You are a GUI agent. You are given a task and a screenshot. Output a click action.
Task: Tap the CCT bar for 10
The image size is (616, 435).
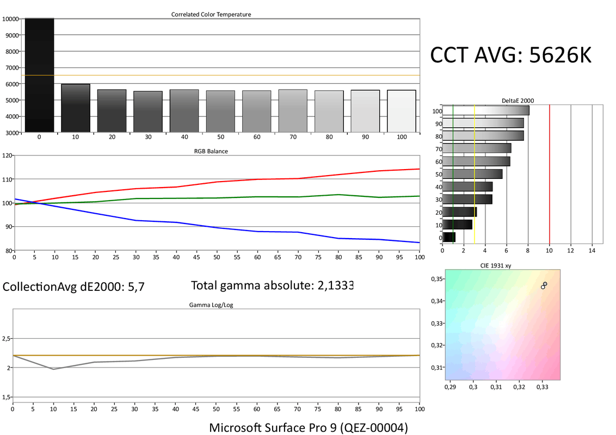[x=75, y=108]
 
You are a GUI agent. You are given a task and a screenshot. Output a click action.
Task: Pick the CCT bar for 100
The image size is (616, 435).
[x=402, y=111]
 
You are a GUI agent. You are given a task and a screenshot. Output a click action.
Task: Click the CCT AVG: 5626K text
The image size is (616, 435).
[x=510, y=55]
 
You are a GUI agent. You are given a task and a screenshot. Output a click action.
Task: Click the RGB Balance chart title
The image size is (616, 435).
[x=211, y=151]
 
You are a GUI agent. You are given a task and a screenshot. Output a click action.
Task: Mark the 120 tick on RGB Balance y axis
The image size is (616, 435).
[x=7, y=156]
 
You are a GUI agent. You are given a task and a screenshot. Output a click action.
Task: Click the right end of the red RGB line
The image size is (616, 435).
[x=419, y=169]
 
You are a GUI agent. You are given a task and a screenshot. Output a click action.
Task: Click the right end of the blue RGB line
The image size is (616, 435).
[x=419, y=243]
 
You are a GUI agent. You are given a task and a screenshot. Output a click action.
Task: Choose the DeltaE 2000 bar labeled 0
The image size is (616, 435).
[x=449, y=237]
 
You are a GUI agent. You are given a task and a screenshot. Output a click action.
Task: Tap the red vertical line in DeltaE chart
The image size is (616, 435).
[x=550, y=174]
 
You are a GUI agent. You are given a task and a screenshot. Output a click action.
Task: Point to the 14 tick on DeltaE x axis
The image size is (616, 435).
[x=592, y=251]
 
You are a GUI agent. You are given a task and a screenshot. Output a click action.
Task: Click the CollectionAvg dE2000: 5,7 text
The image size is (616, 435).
[x=74, y=286]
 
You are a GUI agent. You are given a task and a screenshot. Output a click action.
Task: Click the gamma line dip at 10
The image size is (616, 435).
[x=53, y=369]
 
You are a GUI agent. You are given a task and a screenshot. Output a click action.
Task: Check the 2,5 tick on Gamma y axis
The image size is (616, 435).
[x=7, y=339]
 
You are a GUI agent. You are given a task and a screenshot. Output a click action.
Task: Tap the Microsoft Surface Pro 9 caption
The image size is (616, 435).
[x=308, y=428]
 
